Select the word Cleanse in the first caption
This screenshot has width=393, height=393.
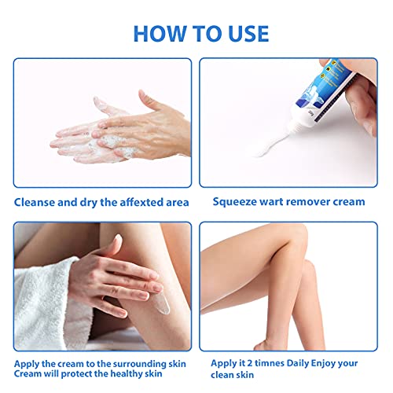37,202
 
